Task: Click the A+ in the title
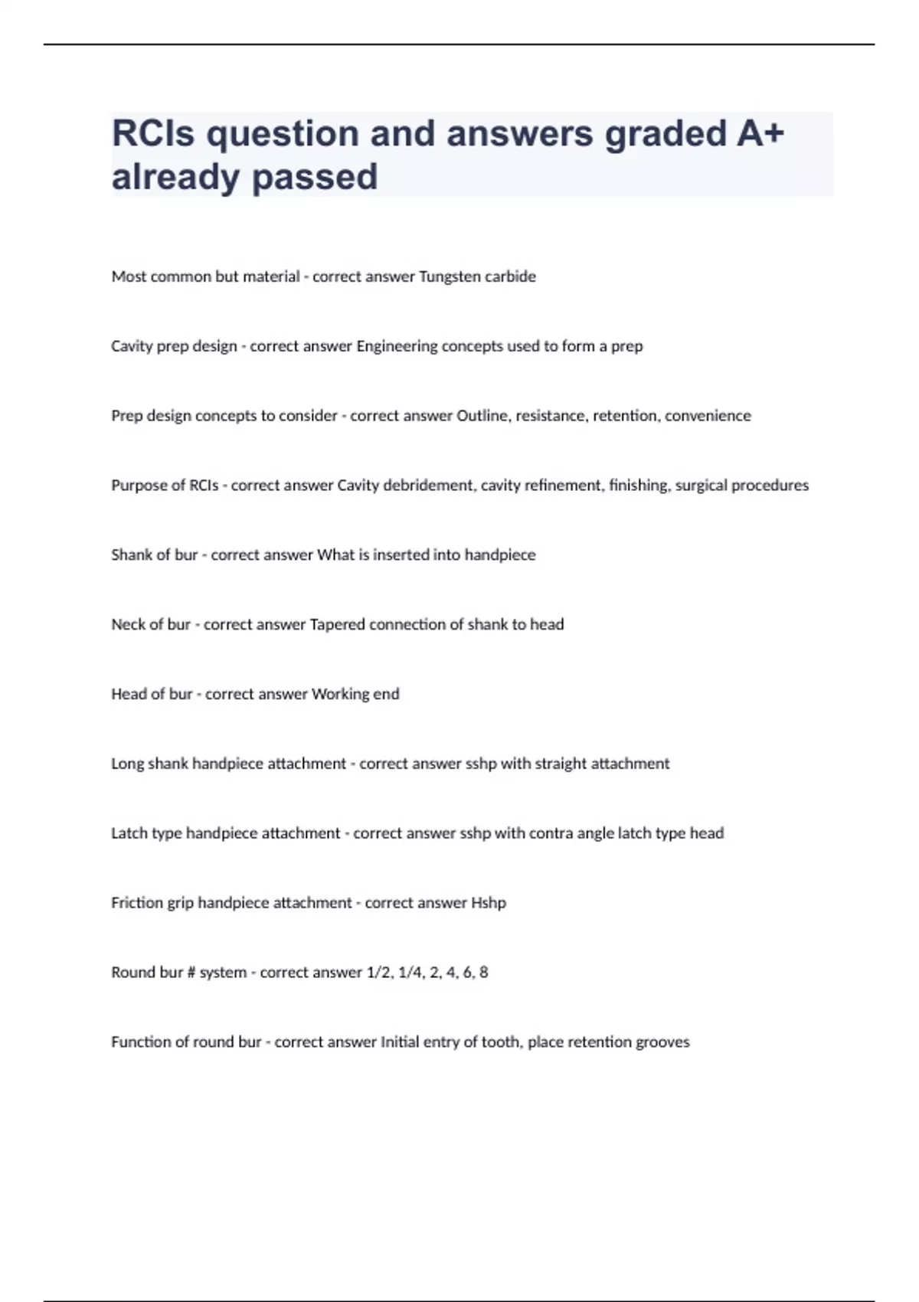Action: (760, 133)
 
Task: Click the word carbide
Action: (510, 276)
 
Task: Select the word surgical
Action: (701, 486)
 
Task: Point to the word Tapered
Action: (337, 625)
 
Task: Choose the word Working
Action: (340, 694)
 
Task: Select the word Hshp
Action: (488, 903)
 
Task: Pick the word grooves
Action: (666, 1042)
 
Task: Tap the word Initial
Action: (399, 1042)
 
